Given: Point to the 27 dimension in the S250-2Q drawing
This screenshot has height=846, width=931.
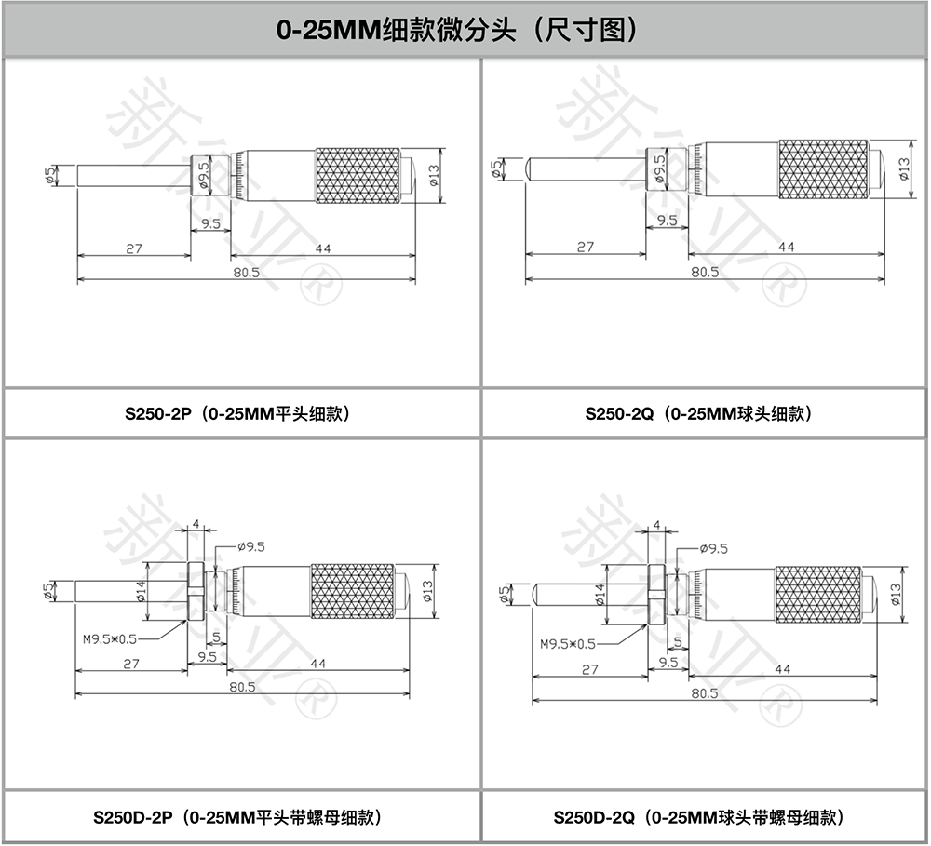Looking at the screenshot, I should click(585, 247).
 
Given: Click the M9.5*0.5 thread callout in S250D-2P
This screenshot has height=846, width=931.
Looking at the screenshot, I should click(110, 638).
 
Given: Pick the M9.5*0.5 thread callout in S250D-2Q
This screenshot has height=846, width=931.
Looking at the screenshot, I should click(568, 643).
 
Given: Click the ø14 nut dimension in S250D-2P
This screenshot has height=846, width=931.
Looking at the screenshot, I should click(141, 593).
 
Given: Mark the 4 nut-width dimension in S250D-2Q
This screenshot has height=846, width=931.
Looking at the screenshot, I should click(656, 527).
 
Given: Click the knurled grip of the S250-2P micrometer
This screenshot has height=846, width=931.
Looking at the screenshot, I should click(358, 176).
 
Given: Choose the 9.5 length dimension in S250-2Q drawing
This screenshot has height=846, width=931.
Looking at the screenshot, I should click(667, 221).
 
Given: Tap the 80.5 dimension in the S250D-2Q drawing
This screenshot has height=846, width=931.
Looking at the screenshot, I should click(705, 693).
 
